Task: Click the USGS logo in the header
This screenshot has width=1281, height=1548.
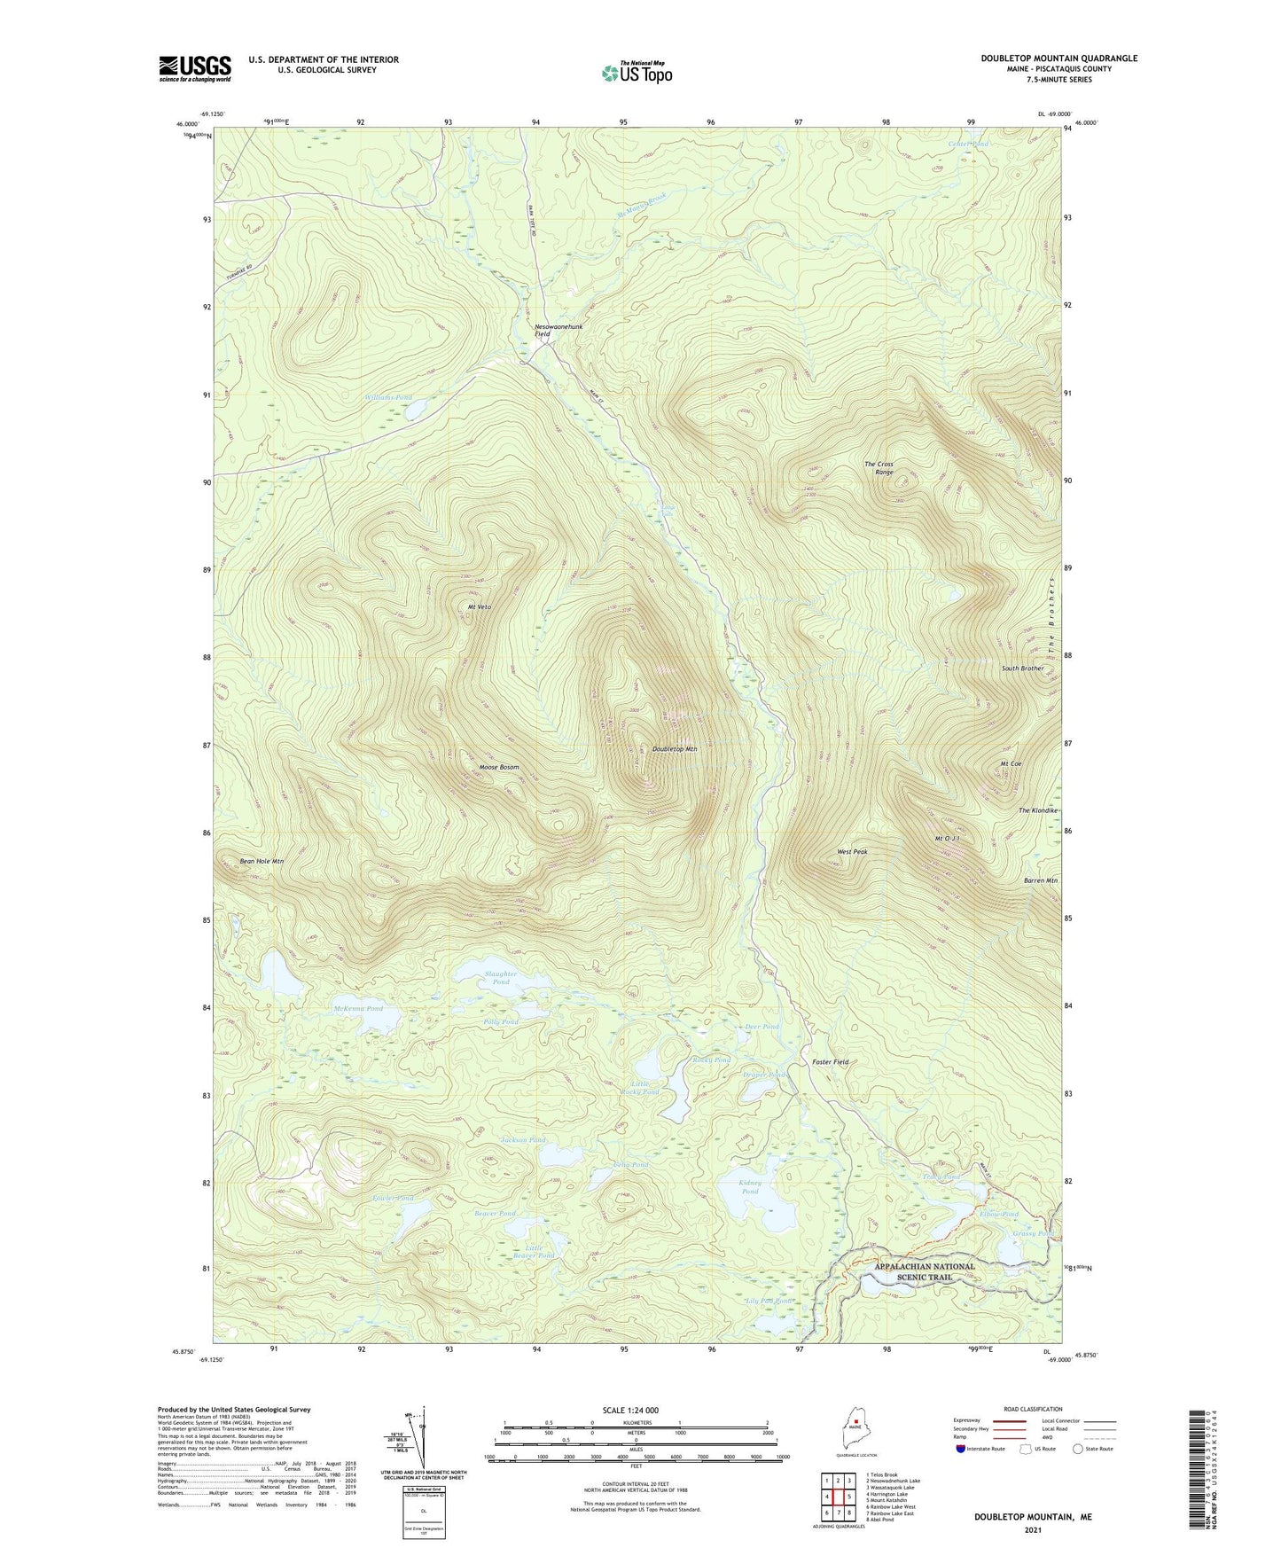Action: tap(195, 68)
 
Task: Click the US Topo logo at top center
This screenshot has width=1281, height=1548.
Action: tap(636, 72)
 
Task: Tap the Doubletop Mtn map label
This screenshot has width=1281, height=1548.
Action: tap(675, 749)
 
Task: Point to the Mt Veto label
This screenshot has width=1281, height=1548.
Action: tap(479, 606)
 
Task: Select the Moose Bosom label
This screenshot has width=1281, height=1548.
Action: tap(498, 767)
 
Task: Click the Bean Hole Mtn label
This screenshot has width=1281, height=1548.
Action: tap(262, 861)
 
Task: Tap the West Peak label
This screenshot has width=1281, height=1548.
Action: tap(852, 851)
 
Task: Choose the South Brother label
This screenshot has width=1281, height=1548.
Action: tap(1022, 668)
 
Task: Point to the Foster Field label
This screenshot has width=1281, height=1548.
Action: tap(830, 1062)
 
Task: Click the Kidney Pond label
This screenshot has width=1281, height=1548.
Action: tap(750, 1187)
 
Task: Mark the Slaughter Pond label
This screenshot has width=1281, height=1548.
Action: tap(501, 978)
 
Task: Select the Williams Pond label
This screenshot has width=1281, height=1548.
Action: tap(388, 398)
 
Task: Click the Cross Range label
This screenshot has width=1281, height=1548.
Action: tap(879, 468)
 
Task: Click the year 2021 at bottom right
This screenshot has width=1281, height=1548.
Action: tap(1032, 1529)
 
